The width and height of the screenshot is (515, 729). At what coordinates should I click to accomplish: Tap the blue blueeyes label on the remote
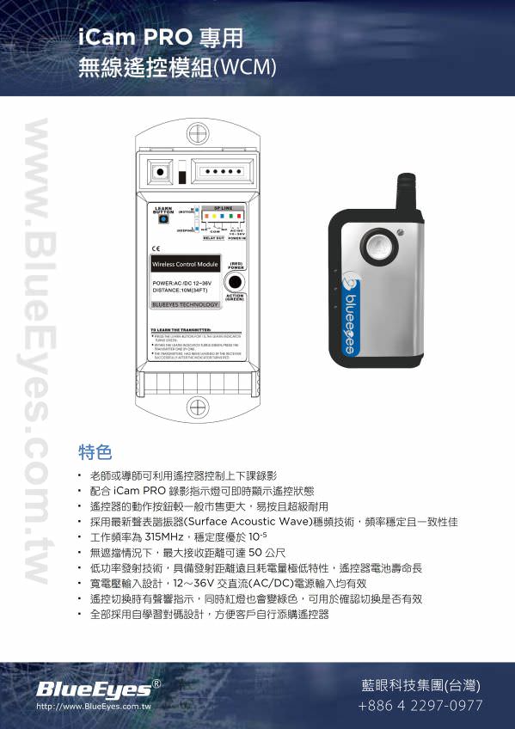[x=351, y=314]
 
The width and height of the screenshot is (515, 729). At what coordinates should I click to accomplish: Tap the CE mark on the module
[x=155, y=248]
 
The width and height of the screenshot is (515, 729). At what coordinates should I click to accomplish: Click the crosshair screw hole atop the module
[x=198, y=134]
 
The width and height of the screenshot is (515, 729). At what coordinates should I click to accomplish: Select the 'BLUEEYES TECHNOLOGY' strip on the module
[x=184, y=304]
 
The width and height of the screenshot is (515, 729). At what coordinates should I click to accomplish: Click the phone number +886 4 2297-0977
[x=420, y=705]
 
